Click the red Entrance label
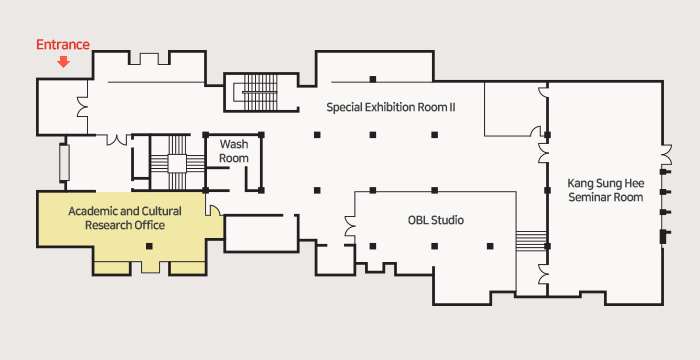click(63, 45)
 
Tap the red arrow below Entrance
click(64, 62)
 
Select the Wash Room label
click(234, 151)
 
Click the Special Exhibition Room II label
click(391, 107)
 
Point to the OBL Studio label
click(436, 220)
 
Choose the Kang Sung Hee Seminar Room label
click(606, 190)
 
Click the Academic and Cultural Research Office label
click(125, 218)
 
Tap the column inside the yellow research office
click(149, 246)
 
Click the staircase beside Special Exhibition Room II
click(260, 92)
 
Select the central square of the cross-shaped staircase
click(177, 163)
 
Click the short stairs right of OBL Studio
click(531, 241)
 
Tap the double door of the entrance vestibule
click(83, 107)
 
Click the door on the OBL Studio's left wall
click(350, 226)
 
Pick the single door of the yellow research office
click(212, 211)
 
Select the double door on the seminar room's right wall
click(666, 155)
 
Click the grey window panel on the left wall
click(64, 163)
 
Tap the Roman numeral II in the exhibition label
click(452, 107)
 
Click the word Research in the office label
click(104, 225)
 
